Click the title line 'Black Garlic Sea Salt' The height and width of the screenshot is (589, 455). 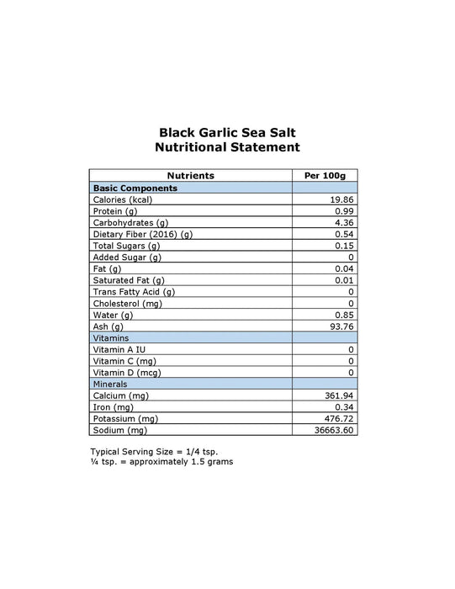coord(227,131)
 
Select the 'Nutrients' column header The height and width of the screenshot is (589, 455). coord(191,175)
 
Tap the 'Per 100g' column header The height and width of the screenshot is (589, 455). coord(324,175)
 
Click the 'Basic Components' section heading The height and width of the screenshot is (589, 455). coord(135,188)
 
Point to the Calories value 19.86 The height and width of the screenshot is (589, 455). coord(342,199)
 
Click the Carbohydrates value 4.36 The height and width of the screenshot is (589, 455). coord(345,222)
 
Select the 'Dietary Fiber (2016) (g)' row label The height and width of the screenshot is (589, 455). coord(143,234)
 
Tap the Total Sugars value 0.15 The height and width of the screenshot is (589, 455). coord(345,246)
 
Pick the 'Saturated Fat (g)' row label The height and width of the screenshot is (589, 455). coord(129,279)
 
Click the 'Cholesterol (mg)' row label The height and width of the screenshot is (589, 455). coord(127,303)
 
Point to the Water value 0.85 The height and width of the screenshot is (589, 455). coord(345,315)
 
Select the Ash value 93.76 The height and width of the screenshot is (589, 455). coord(342,326)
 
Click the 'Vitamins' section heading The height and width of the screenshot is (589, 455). coord(111,337)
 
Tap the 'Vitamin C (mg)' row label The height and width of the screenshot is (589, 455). coord(123,360)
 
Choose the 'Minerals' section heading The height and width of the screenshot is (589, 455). coord(111,383)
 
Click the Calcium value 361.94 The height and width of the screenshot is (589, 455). coord(340,395)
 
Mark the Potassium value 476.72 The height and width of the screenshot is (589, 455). coord(340,418)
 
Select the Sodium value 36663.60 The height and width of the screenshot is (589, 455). coord(336,429)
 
